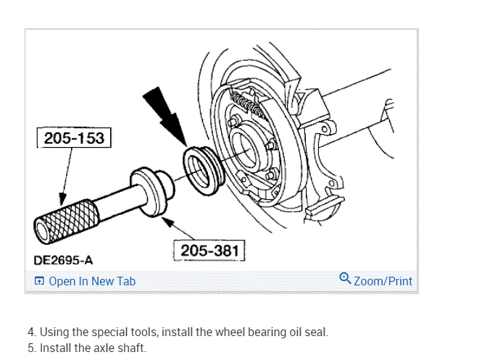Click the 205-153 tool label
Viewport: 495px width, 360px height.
tap(73, 138)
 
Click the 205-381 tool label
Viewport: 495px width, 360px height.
tap(209, 251)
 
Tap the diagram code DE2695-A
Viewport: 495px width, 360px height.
tap(63, 259)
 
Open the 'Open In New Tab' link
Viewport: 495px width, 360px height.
tap(91, 281)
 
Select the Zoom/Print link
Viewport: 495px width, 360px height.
tap(383, 281)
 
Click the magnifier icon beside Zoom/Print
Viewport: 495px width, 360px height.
tap(345, 279)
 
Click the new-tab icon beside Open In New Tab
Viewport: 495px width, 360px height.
tap(39, 281)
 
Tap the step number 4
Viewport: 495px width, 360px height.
tap(31, 332)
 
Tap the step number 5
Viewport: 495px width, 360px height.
tap(31, 348)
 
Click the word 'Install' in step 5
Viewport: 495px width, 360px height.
tap(54, 348)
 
